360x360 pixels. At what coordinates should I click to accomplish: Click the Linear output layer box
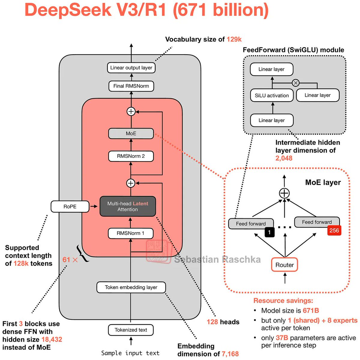coord(131,68)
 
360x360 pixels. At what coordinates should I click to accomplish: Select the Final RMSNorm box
coord(131,86)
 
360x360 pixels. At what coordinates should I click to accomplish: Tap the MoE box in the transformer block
coord(131,133)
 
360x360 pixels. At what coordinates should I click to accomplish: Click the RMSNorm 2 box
coord(131,156)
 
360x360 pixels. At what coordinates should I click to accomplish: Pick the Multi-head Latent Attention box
coord(128,206)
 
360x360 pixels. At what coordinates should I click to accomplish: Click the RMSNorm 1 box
coord(131,233)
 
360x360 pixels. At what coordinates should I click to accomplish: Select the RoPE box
coord(70,207)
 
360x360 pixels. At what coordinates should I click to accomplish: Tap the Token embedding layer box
coord(131,287)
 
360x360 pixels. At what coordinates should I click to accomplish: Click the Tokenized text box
coord(131,330)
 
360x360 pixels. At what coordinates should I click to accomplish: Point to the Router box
coord(284,265)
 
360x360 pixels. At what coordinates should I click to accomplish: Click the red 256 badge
coord(334,230)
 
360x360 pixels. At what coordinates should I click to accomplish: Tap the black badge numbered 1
coord(269,232)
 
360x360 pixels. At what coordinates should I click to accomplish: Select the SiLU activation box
coord(272,95)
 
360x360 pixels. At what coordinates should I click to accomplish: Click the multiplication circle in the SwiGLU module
coord(296,83)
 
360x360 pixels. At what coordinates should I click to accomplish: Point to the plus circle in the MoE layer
coord(284,193)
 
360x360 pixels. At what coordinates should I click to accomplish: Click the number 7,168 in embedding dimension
coord(230,354)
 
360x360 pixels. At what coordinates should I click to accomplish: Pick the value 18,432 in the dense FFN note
coord(52,340)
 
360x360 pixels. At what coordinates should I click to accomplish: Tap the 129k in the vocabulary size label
coord(234,39)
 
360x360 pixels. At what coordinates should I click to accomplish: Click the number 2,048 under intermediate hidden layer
coord(284,158)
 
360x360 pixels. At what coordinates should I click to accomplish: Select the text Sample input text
coord(130,353)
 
